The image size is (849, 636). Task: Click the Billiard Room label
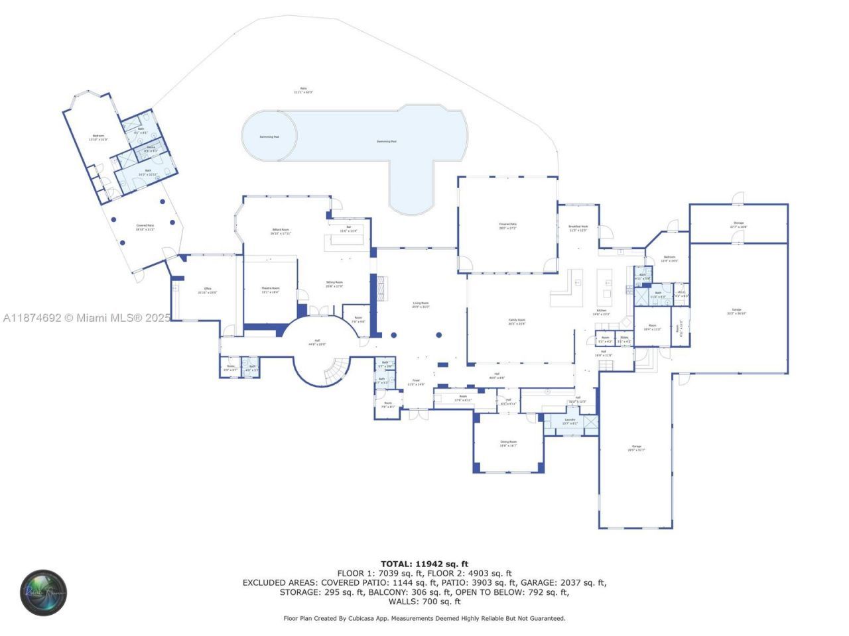point(280,231)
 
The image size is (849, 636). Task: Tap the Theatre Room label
point(270,290)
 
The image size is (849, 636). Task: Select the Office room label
point(208,290)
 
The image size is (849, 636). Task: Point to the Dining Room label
point(508,443)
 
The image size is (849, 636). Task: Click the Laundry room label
point(570,421)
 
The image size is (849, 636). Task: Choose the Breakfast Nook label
point(578,228)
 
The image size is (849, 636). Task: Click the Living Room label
point(421,304)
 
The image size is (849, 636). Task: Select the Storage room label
point(738,225)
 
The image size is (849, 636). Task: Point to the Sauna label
point(151,148)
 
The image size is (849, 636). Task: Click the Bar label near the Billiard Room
point(348,229)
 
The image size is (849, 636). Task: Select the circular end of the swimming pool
point(269,136)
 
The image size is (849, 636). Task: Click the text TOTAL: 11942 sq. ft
point(424,564)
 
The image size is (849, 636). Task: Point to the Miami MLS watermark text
point(86,318)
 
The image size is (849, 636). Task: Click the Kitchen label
point(601,311)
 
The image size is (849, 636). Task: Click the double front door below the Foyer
point(418,415)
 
